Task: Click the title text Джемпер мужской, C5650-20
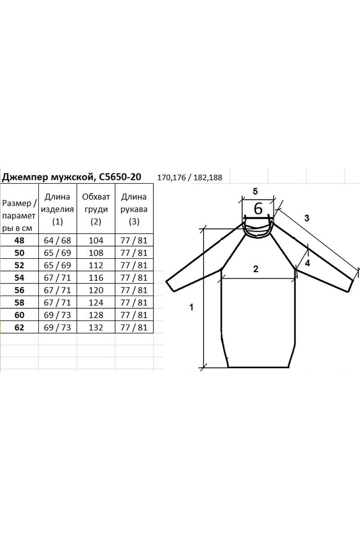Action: click(72, 177)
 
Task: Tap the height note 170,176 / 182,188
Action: click(189, 178)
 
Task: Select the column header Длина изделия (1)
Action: click(58, 209)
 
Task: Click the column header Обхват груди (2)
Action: click(96, 209)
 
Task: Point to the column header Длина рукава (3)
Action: click(134, 209)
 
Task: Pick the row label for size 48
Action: click(19, 240)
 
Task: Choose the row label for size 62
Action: click(19, 328)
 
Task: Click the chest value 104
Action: click(96, 240)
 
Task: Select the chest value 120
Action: click(96, 290)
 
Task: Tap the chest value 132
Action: click(96, 328)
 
